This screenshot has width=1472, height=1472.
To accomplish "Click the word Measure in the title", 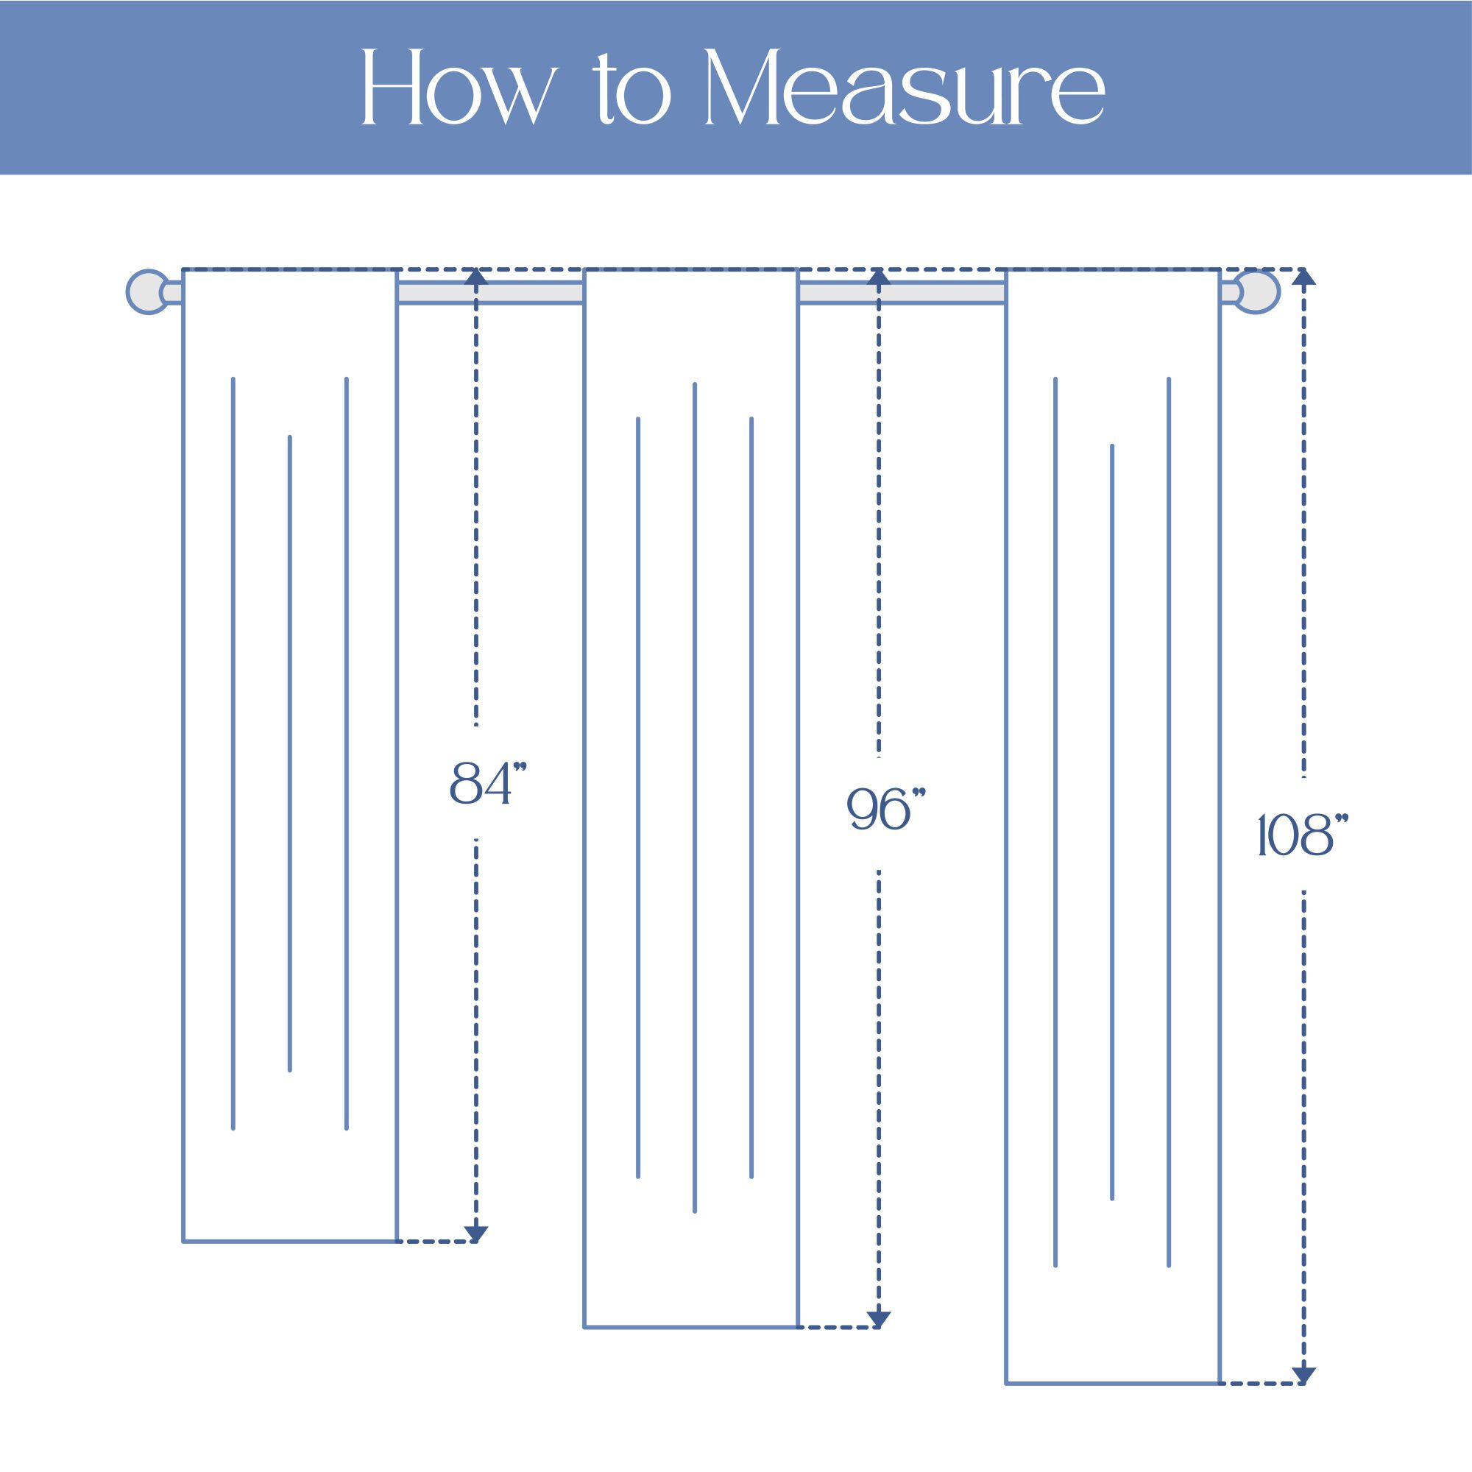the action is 905,87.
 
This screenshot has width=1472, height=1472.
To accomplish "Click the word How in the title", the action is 460,87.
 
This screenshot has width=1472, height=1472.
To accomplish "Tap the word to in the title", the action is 632,90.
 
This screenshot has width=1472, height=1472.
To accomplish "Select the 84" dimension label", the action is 489,782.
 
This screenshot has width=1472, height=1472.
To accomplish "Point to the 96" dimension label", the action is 886,809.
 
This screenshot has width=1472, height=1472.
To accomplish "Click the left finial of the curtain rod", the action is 147,291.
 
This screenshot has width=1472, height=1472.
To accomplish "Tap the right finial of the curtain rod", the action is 1257,291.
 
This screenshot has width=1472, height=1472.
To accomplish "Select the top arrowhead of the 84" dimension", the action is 476,277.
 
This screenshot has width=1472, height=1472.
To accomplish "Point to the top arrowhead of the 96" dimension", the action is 879,277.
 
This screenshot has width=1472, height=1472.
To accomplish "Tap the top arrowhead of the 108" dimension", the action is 1303,277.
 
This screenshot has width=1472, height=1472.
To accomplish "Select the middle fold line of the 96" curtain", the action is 694,797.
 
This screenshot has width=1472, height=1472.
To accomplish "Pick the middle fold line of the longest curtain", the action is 1111,822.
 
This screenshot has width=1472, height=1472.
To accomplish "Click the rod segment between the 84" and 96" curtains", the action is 490,293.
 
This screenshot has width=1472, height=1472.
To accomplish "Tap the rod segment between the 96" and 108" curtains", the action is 902,293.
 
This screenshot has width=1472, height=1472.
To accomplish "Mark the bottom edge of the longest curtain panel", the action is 1112,1404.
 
